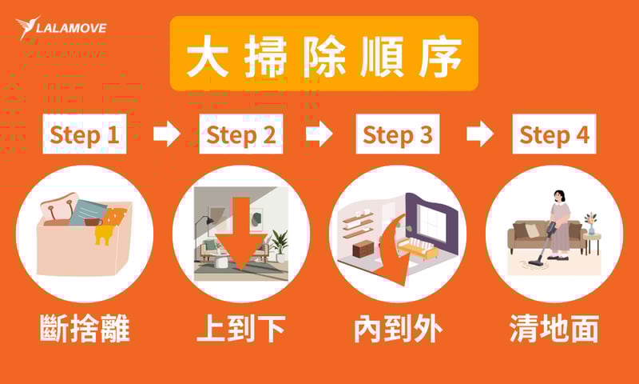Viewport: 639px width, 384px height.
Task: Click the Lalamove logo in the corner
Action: (61, 27)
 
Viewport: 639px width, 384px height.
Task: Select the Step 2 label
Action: (240, 134)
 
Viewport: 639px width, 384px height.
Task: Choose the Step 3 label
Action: (397, 134)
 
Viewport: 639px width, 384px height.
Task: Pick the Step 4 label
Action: (554, 134)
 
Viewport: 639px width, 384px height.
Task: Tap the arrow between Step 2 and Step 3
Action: (319, 134)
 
